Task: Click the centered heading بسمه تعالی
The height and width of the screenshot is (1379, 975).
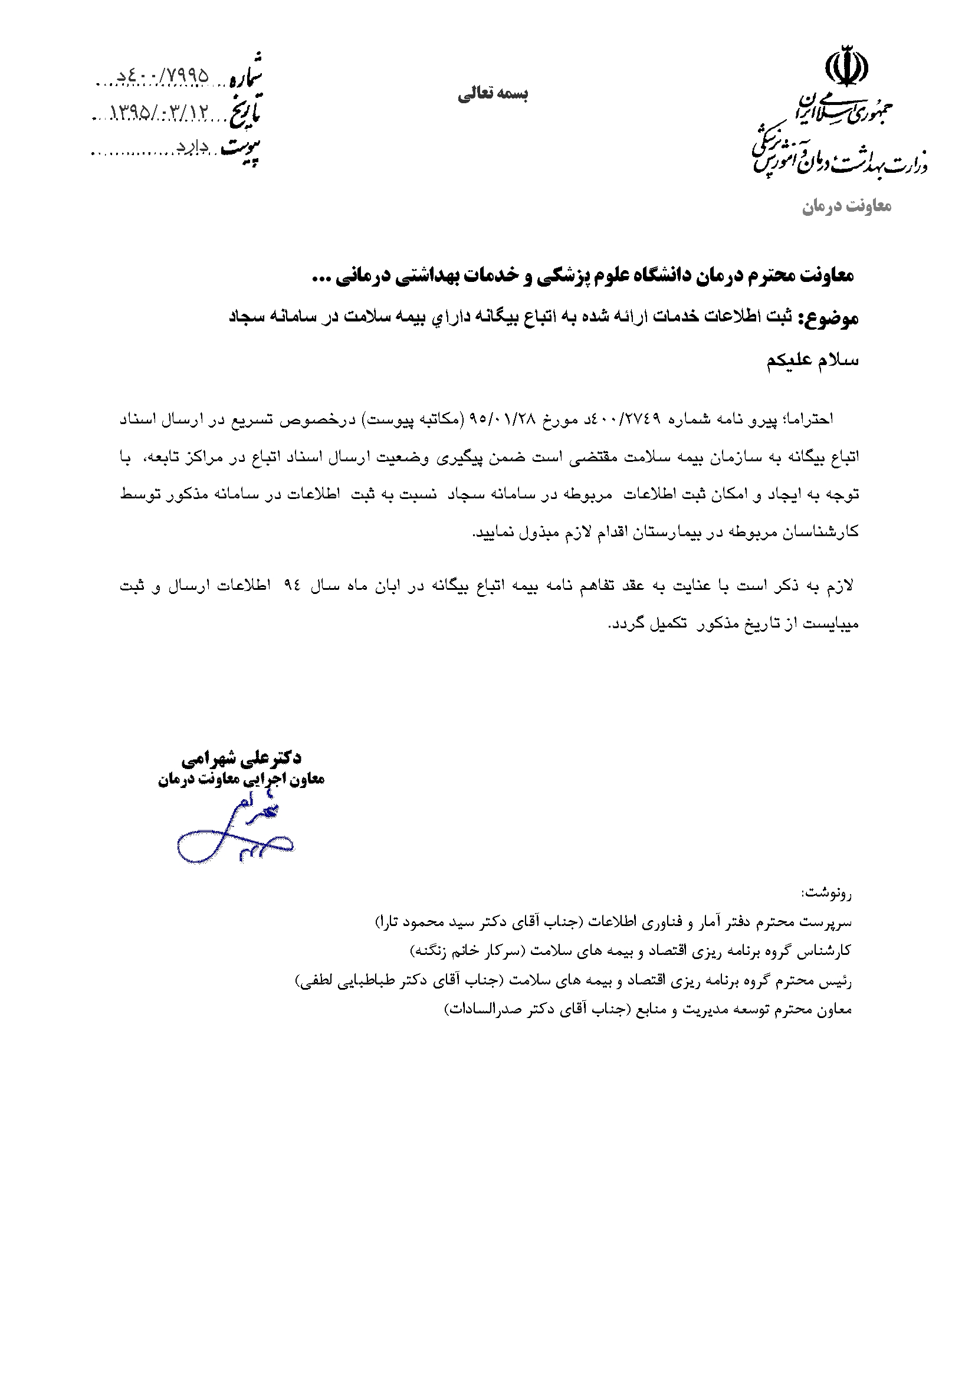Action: [493, 94]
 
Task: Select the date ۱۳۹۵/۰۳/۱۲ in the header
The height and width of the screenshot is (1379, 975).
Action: [159, 113]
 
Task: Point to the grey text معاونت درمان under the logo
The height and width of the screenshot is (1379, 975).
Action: [846, 206]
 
